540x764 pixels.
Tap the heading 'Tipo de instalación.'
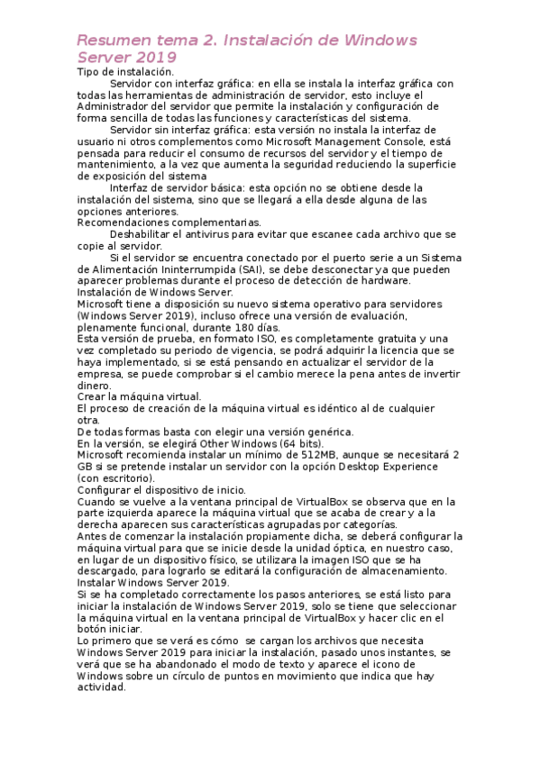(x=125, y=71)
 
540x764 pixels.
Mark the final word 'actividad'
(x=101, y=687)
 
